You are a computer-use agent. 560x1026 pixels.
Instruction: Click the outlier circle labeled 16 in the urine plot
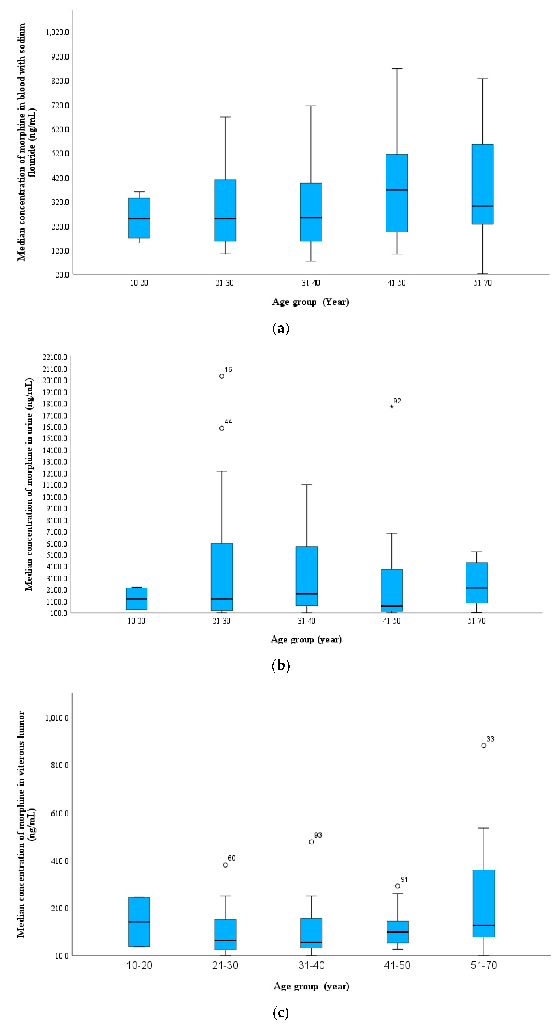click(x=222, y=376)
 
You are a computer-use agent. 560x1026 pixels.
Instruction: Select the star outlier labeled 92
click(x=392, y=407)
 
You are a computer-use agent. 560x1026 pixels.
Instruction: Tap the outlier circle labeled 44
click(x=222, y=428)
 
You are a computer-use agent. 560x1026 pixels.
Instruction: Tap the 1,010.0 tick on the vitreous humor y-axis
click(x=56, y=718)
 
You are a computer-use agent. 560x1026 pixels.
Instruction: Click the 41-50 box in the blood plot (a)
click(x=396, y=193)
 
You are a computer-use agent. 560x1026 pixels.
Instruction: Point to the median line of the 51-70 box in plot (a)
click(x=482, y=206)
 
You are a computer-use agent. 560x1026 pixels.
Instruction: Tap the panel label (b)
click(x=281, y=666)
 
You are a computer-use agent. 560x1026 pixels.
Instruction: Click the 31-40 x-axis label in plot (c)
click(x=311, y=965)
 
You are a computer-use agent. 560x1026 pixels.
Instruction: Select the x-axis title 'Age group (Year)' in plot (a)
click(x=310, y=302)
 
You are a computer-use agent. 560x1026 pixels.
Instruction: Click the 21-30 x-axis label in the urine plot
click(x=221, y=620)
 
